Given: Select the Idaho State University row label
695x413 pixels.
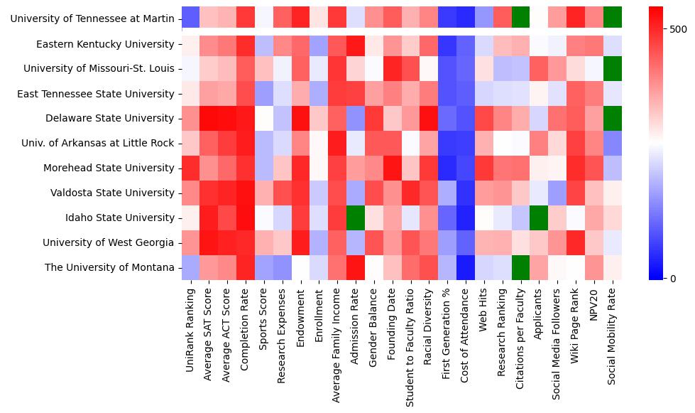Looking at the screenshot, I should tap(120, 218).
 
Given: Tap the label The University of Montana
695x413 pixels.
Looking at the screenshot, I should tap(109, 267).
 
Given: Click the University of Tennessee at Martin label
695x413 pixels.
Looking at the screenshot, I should tap(92, 18).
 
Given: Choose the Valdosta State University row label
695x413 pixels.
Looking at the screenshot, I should tap(112, 193).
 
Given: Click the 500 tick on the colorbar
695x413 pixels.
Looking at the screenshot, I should tap(678, 29).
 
